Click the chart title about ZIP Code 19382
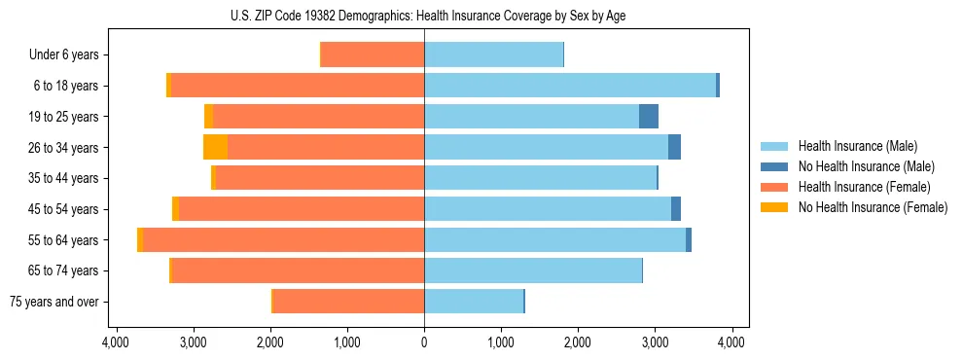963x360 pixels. tap(424, 16)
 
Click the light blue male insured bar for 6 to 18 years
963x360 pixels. tap(570, 86)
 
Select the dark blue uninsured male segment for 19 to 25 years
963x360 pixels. tap(649, 117)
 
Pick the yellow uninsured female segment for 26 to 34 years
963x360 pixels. tap(215, 148)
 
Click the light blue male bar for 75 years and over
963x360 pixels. tap(474, 302)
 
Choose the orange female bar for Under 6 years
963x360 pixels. tap(373, 55)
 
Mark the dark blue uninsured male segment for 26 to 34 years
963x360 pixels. tap(674, 148)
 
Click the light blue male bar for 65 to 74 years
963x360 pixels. tap(533, 270)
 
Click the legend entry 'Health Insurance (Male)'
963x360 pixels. tap(857, 146)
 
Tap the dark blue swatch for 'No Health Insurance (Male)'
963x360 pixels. tap(774, 166)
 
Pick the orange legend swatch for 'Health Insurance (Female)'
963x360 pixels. tap(774, 187)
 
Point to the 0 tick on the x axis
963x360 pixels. tap(424, 342)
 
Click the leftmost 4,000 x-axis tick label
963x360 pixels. tap(116, 342)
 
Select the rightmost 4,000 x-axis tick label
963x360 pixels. tap(731, 342)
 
